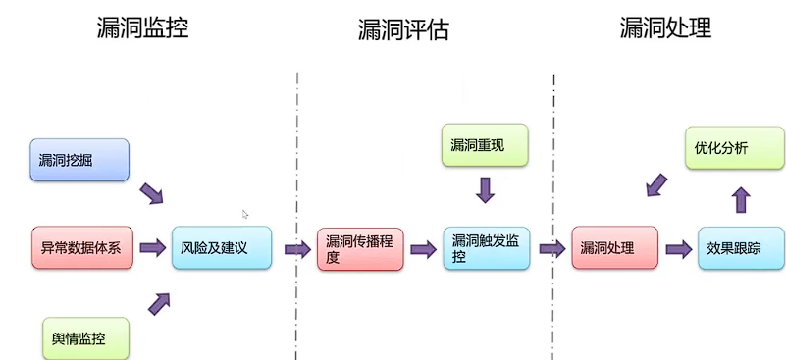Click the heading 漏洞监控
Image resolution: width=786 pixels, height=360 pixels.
[x=142, y=27]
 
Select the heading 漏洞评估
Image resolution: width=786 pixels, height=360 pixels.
[x=402, y=30]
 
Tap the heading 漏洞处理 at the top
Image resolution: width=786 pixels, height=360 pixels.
[x=665, y=27]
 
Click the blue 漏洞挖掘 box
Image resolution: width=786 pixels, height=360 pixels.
[x=79, y=160]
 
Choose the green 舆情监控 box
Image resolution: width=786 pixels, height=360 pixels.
[x=85, y=338]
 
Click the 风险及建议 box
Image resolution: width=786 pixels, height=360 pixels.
[x=222, y=248]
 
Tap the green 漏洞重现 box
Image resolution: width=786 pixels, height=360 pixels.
[x=484, y=145]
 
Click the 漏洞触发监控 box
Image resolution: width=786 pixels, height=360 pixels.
[x=486, y=248]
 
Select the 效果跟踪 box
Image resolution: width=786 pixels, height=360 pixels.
[x=740, y=248]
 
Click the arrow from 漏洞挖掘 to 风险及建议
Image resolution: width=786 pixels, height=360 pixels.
[x=151, y=192]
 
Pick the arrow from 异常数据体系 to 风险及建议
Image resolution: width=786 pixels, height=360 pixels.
[x=152, y=248]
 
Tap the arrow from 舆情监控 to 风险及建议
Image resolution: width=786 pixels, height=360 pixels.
[x=159, y=303]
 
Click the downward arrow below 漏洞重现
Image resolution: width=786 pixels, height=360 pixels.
[x=485, y=189]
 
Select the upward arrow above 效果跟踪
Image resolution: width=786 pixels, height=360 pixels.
[x=741, y=200]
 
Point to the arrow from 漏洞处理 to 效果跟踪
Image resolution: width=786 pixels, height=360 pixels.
[x=678, y=249]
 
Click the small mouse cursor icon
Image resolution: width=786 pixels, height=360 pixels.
[x=245, y=214]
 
